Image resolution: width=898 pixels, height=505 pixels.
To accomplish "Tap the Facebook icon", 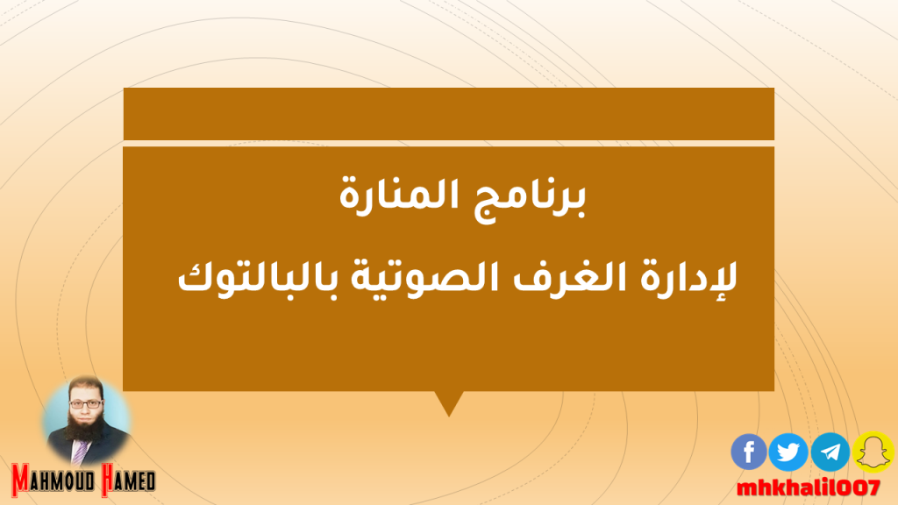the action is [x=749, y=452].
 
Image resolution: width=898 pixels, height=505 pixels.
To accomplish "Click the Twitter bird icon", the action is [x=788, y=452].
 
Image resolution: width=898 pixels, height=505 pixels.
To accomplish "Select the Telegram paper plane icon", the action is [x=830, y=452].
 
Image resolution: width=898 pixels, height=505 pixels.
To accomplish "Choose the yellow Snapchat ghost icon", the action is [x=873, y=452].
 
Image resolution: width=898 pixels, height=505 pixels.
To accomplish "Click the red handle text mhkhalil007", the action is [x=808, y=487].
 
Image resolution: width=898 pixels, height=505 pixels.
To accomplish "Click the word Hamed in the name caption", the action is [x=128, y=480].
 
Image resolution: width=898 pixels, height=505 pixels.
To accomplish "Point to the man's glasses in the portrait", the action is [x=86, y=404].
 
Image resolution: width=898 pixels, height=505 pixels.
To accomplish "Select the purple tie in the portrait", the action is [x=80, y=452].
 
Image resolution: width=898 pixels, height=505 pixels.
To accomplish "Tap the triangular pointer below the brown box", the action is [x=449, y=403].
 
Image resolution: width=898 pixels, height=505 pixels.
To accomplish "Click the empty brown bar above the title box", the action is [x=448, y=113].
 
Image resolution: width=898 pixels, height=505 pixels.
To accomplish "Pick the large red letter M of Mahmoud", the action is [x=20, y=480].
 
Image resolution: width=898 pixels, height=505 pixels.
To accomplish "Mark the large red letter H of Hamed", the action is [x=108, y=480].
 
